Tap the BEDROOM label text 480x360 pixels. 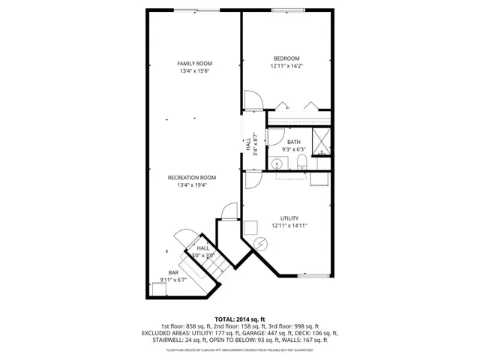coord(286,58)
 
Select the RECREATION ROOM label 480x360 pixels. coord(196,178)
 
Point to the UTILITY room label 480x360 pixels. coord(289,217)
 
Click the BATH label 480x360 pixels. coord(293,142)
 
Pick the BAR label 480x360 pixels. coord(173,272)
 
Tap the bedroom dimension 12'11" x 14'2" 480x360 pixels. coord(286,66)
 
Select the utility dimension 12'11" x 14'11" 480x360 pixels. coord(289,225)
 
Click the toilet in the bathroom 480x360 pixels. coord(300,163)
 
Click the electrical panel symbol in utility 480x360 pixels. coord(260,244)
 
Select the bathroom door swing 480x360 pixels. coord(275,137)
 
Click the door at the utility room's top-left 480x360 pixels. coord(251,178)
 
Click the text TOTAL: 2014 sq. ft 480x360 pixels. coord(240,319)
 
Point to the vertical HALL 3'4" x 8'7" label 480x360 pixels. coord(251,144)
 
